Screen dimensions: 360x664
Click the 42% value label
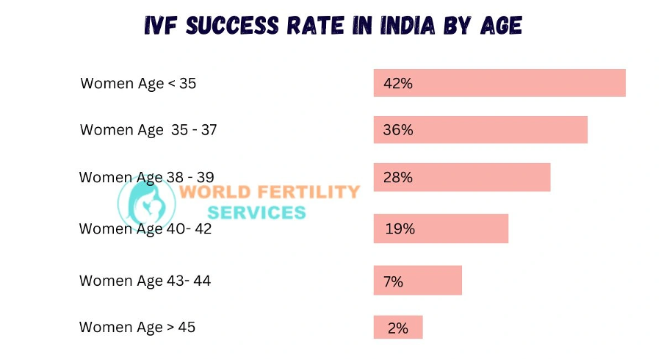pyautogui.click(x=398, y=84)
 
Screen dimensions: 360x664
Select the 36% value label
pyautogui.click(x=398, y=130)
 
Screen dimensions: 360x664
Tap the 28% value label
pyautogui.click(x=398, y=177)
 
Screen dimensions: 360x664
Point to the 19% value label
pyautogui.click(x=400, y=228)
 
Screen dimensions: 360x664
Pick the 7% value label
pyautogui.click(x=393, y=281)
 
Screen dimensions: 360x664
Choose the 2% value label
pyautogui.click(x=397, y=328)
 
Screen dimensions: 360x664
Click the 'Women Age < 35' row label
pyautogui.click(x=138, y=83)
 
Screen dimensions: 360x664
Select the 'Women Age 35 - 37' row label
pyautogui.click(x=148, y=130)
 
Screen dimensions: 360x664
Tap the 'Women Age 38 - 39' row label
pyautogui.click(x=146, y=177)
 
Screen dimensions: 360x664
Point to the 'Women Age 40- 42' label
pyautogui.click(x=145, y=228)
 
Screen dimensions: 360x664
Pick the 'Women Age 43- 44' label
pyautogui.click(x=145, y=281)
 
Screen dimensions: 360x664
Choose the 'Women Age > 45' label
pyautogui.click(x=137, y=327)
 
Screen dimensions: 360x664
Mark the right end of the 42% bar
pyautogui.click(x=624, y=83)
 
